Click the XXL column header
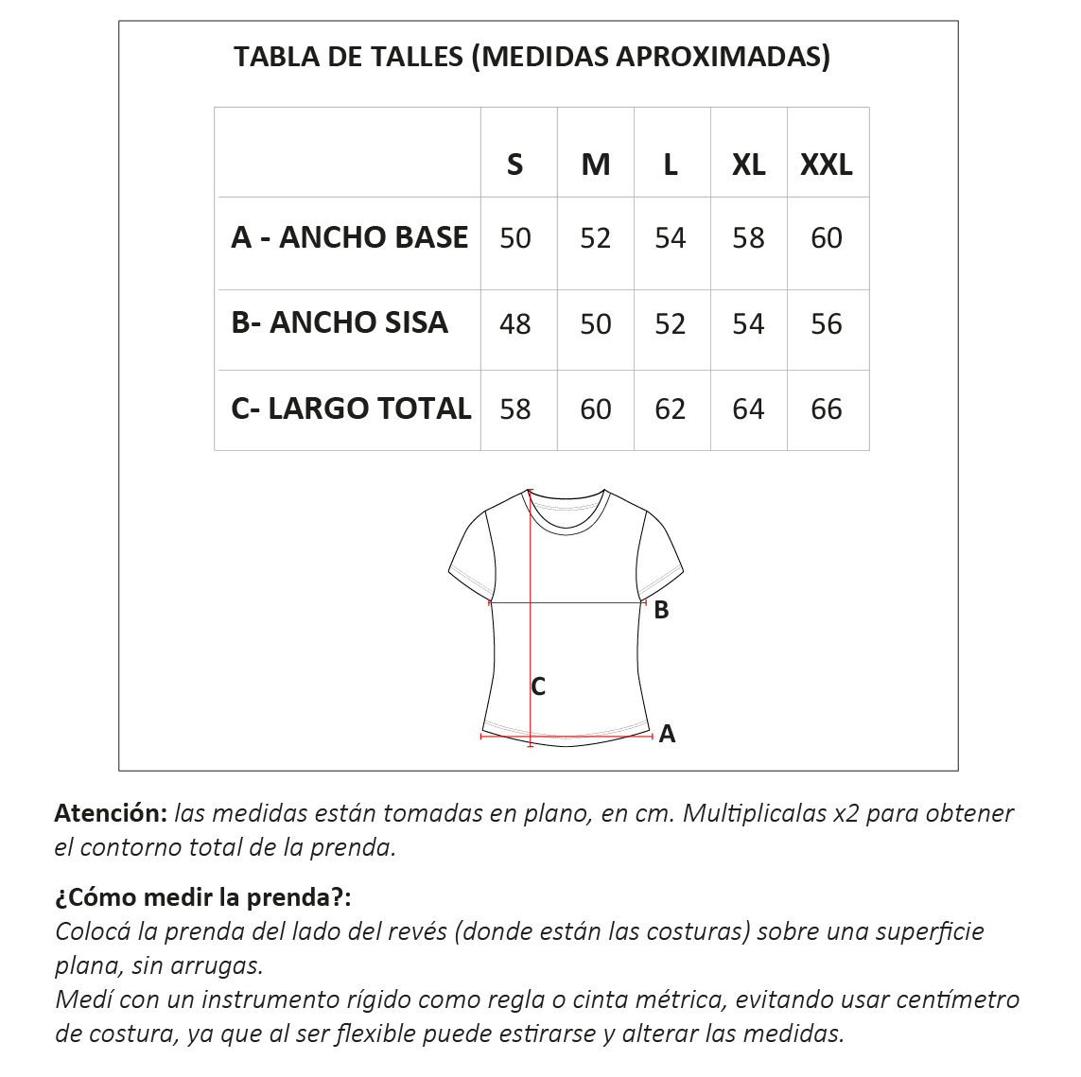(x=827, y=165)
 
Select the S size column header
(x=514, y=165)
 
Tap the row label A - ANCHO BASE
(x=349, y=237)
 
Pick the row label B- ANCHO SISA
(x=339, y=322)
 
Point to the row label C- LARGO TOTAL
(x=351, y=408)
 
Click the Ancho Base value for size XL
(x=748, y=237)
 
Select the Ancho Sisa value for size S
(x=514, y=324)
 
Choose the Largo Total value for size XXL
(x=827, y=409)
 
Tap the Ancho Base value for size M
(x=595, y=238)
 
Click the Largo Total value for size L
(x=670, y=409)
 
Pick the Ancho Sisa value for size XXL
(x=827, y=324)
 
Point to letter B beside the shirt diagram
(x=661, y=611)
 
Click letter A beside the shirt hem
(x=667, y=734)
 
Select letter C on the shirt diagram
(x=538, y=687)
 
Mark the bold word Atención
(x=111, y=812)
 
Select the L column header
(x=670, y=165)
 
